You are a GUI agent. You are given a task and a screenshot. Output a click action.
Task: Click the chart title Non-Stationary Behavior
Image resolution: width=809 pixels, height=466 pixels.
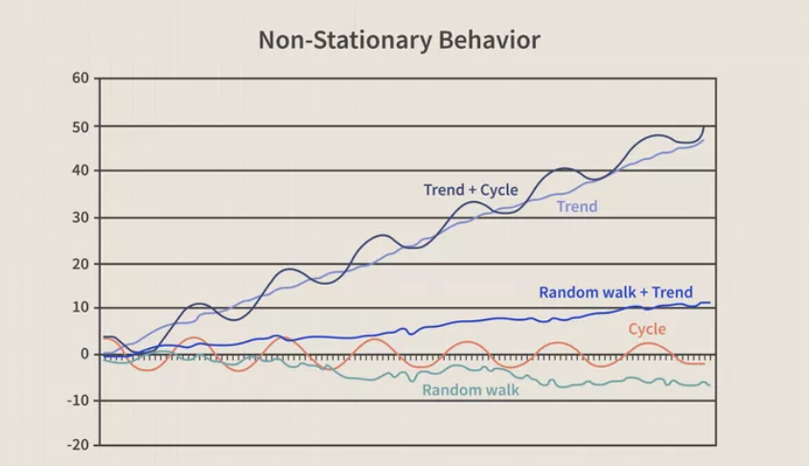pos(399,40)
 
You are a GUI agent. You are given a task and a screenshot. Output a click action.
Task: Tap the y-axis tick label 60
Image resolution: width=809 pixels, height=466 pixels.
pos(80,78)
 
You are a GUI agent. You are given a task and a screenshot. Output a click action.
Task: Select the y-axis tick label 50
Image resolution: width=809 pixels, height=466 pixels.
pos(80,126)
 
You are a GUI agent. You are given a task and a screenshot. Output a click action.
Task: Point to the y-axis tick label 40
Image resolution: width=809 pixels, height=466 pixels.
pos(80,171)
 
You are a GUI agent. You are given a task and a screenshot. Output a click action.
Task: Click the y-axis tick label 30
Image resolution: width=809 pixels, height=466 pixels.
pos(80,218)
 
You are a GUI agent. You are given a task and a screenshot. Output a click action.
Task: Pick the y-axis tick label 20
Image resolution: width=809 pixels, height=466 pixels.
pos(80,264)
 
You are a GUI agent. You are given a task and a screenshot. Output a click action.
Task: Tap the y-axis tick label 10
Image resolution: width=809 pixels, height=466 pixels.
pos(80,308)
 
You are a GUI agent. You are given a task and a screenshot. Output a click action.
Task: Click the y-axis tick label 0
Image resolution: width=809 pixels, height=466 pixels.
pos(84,354)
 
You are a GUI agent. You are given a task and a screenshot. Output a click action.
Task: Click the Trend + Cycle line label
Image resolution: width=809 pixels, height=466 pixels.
pos(471,190)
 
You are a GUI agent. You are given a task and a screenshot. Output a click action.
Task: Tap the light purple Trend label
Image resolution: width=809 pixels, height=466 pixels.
pos(577,206)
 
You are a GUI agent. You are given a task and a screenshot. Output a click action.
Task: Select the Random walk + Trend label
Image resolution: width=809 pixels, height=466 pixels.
pos(615,292)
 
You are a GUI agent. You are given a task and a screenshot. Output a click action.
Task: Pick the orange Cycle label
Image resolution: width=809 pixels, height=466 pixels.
pos(647,330)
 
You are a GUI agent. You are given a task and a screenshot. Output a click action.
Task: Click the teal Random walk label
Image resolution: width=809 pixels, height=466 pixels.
pos(471,390)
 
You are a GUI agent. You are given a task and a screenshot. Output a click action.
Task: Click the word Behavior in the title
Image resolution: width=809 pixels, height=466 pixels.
pos(490,40)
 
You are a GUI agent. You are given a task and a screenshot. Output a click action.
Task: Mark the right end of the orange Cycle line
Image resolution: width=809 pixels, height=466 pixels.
pos(705,363)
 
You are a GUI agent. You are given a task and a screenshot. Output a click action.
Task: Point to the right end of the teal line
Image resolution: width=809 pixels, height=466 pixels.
pos(709,384)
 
